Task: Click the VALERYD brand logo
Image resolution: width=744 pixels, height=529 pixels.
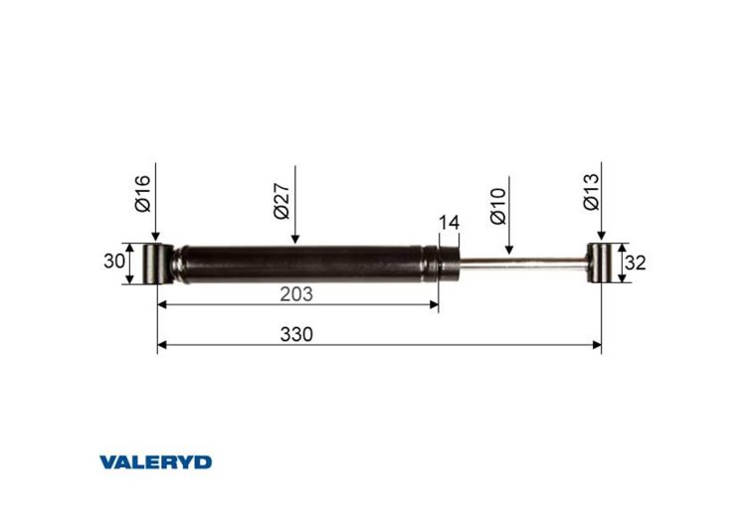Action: [x=155, y=461]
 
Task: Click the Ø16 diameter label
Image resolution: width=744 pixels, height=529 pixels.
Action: [x=142, y=192]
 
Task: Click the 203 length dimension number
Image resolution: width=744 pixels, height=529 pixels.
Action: [x=296, y=293]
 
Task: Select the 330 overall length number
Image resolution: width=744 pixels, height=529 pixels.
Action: [x=296, y=334]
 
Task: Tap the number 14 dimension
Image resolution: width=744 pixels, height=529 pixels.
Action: [x=449, y=222]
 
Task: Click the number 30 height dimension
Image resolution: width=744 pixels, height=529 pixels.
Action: [x=115, y=263]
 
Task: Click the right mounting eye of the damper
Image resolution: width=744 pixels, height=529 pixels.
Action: [x=600, y=264]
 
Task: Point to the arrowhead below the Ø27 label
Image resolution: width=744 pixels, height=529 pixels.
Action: [x=295, y=239]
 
